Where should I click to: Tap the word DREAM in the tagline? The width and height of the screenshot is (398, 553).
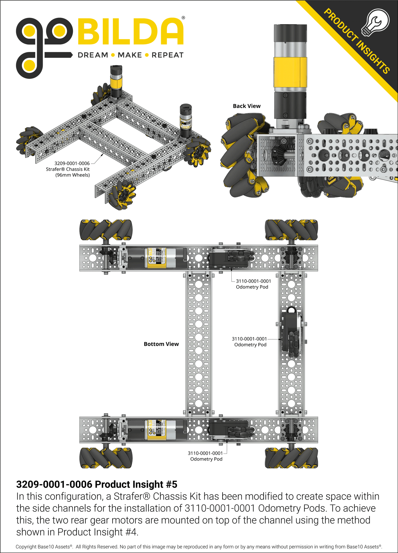click(93, 55)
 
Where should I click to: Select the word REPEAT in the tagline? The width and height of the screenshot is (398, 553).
click(167, 55)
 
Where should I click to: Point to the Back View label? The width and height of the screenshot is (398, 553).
click(247, 106)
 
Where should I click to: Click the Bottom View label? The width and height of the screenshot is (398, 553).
click(161, 344)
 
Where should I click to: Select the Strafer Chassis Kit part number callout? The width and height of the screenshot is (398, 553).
click(72, 163)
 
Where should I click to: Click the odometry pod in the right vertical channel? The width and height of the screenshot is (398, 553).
click(291, 333)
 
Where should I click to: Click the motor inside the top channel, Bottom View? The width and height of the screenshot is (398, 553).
click(154, 258)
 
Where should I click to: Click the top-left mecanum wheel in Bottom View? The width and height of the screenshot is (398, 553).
click(106, 230)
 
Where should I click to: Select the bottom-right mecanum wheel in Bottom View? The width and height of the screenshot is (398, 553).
click(291, 458)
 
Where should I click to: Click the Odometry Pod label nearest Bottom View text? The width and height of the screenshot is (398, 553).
click(250, 342)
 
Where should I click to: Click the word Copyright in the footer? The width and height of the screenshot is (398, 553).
click(26, 547)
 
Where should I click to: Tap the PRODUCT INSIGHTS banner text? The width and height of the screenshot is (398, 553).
click(356, 41)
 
